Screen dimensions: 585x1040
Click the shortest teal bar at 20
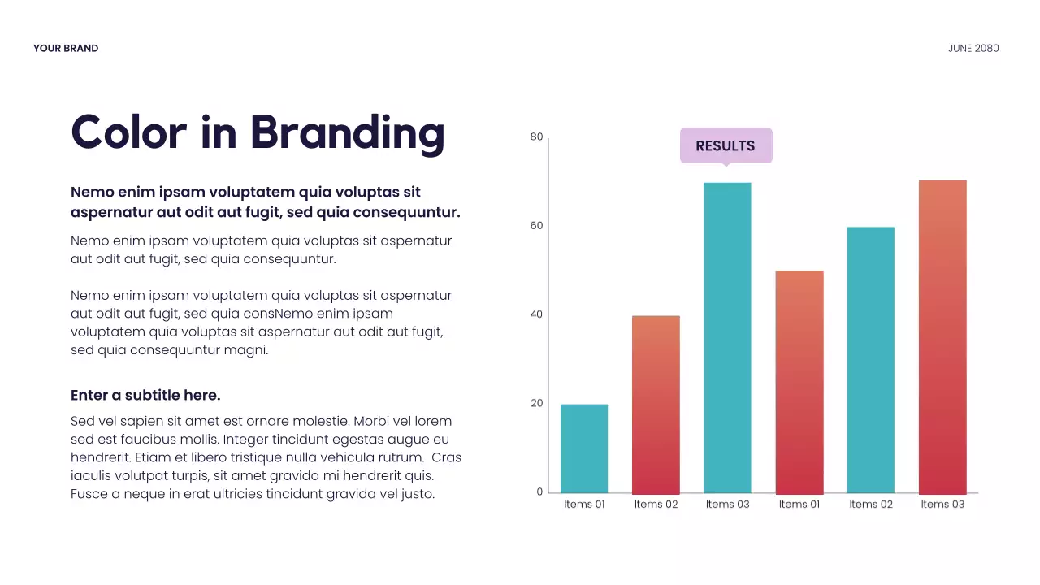coord(584,448)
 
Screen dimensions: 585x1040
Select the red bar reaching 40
coord(656,405)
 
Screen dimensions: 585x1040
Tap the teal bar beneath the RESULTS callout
coord(727,337)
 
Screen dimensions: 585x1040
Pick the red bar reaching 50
coord(799,382)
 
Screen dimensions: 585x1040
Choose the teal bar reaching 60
coord(870,360)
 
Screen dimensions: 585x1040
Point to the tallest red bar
coord(942,337)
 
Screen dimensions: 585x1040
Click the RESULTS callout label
coord(726,146)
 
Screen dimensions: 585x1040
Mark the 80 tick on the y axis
coord(536,137)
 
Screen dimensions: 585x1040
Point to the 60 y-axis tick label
coord(536,226)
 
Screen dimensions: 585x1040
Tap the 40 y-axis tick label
coord(536,314)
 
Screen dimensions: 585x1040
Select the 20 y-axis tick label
coord(536,403)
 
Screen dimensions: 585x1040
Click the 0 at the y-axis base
coord(539,492)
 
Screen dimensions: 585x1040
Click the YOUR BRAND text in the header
coord(66,49)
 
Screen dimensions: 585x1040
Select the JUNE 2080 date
coord(973,49)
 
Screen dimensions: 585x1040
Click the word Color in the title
coord(128,132)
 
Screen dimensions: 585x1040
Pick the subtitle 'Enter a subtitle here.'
coord(145,396)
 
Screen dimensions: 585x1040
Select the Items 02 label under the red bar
coord(656,505)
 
